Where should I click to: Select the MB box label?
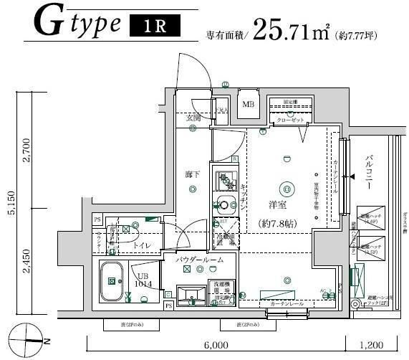point(248,105)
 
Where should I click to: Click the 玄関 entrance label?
point(193,118)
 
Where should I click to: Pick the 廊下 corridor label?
point(191,174)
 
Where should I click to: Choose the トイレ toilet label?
point(141,245)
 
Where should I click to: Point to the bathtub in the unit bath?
point(113,282)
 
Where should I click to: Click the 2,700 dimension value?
point(27,152)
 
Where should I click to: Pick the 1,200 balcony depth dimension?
point(373,344)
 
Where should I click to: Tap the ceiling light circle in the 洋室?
point(287,189)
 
